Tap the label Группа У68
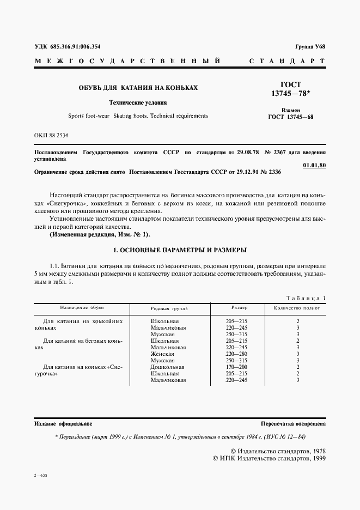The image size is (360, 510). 310,46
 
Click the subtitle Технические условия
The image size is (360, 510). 138,102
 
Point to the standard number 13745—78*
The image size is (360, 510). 290,94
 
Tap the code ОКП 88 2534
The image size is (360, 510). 52,134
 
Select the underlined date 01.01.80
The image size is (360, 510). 314,165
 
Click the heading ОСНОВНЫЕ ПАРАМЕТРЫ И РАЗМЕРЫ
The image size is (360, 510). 179,250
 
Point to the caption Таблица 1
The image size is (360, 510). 306,298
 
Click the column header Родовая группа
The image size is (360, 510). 168,308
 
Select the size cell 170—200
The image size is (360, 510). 236,367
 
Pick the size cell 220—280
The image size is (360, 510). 236,354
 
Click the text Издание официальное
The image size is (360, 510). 63,423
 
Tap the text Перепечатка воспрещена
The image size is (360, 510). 294,423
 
